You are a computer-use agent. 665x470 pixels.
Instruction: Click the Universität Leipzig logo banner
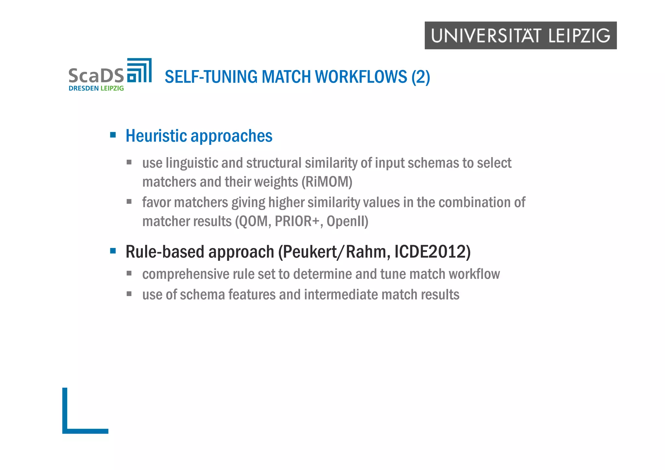pyautogui.click(x=520, y=35)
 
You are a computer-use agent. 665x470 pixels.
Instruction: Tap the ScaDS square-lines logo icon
pyautogui.click(x=139, y=70)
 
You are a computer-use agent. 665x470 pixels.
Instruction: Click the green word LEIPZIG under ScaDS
pyautogui.click(x=112, y=88)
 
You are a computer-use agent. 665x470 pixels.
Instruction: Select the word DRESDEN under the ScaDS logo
pyautogui.click(x=83, y=88)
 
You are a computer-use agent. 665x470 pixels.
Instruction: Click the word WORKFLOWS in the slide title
pyautogui.click(x=361, y=77)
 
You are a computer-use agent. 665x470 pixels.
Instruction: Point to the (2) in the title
pyautogui.click(x=420, y=77)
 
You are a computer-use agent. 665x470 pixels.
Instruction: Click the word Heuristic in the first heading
pyautogui.click(x=156, y=136)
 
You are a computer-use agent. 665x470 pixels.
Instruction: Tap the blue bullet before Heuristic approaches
pyautogui.click(x=113, y=135)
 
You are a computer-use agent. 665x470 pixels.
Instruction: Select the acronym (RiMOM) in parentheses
pyautogui.click(x=327, y=182)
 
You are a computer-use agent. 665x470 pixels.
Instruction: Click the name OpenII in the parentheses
pyautogui.click(x=347, y=221)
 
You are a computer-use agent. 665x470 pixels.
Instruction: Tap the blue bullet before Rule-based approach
pyautogui.click(x=113, y=251)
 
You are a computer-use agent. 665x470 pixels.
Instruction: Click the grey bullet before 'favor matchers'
pyautogui.click(x=129, y=202)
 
